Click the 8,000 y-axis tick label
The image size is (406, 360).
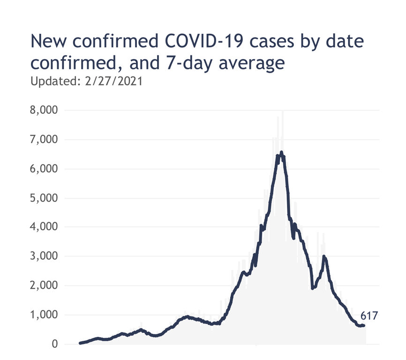[x=44, y=111]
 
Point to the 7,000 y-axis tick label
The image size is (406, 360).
[x=44, y=140]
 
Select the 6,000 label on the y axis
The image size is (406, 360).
[x=44, y=169]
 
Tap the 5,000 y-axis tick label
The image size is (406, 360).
[x=44, y=198]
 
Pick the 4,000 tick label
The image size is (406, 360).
[x=44, y=227]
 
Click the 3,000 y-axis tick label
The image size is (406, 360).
[x=44, y=256]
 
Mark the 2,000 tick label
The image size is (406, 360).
[x=44, y=285]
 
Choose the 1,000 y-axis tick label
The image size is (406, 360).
[x=44, y=315]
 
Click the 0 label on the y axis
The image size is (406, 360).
[x=54, y=344]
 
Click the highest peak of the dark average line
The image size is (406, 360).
[x=281, y=152]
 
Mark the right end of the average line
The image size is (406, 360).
[x=364, y=325]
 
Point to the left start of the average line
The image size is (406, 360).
[x=80, y=343]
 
